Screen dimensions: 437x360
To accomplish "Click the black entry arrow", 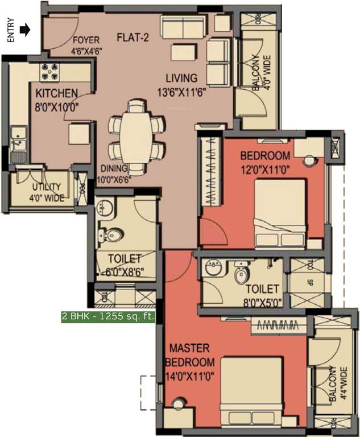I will tap(24, 30).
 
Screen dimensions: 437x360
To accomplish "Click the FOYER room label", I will tap(86, 44).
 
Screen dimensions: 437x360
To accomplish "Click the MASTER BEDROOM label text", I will tap(190, 355).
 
